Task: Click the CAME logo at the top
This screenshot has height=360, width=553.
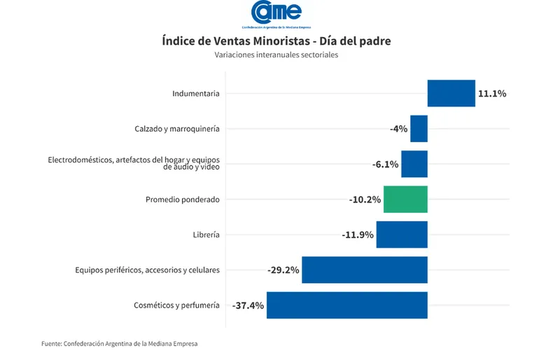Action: point(276,13)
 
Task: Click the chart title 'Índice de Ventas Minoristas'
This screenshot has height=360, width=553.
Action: point(276,41)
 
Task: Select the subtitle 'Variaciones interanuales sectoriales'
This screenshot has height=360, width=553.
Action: point(276,55)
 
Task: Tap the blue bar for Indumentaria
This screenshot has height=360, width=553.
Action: point(451,93)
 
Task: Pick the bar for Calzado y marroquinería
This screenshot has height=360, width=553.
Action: point(419,129)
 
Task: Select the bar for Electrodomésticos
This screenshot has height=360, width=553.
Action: point(414,164)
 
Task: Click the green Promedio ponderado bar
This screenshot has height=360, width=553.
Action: point(405,200)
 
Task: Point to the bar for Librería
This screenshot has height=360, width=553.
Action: point(402,235)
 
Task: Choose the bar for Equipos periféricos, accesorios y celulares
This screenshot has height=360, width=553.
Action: point(364,270)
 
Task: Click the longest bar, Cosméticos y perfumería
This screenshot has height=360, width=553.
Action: point(346,305)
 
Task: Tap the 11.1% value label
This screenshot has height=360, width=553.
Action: point(491,93)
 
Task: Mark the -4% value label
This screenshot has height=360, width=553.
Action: point(398,129)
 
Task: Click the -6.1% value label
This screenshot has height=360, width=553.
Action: point(385,165)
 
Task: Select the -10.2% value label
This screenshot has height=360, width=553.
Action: point(365,200)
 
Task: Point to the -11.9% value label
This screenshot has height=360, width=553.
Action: point(358,235)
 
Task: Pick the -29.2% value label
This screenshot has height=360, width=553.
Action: point(283,270)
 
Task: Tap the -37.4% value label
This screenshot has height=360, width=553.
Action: point(248,305)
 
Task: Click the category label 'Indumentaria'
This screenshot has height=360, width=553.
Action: point(196,93)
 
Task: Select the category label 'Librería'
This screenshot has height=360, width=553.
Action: point(206,235)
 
